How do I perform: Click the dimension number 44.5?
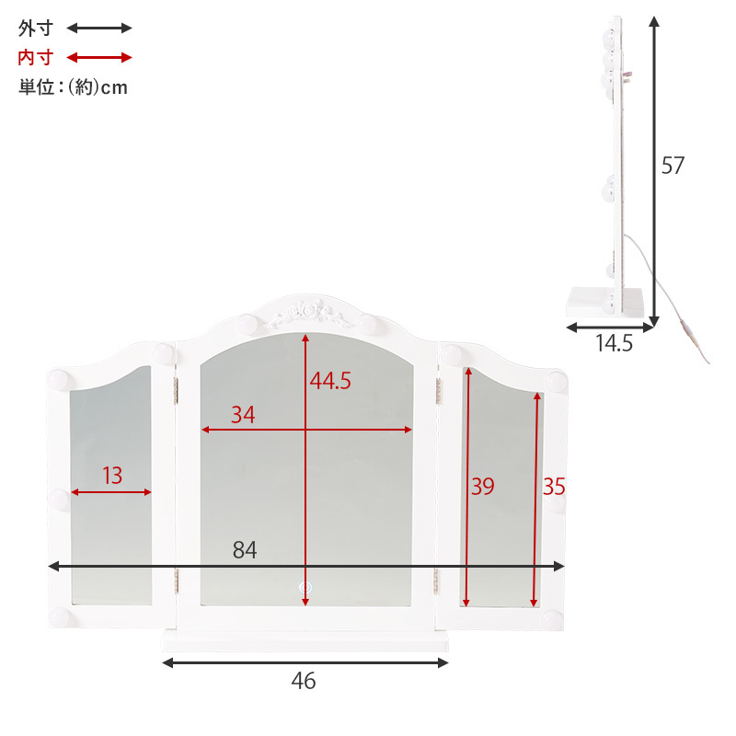click(330, 381)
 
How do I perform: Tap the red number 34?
click(243, 415)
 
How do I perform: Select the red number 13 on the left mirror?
click(112, 476)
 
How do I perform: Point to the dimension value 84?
click(245, 549)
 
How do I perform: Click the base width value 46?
click(304, 681)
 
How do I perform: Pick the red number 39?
click(482, 487)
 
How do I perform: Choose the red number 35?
click(554, 487)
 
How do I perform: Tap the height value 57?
click(673, 166)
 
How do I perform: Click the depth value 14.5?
click(614, 343)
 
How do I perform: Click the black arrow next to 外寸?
click(99, 29)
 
